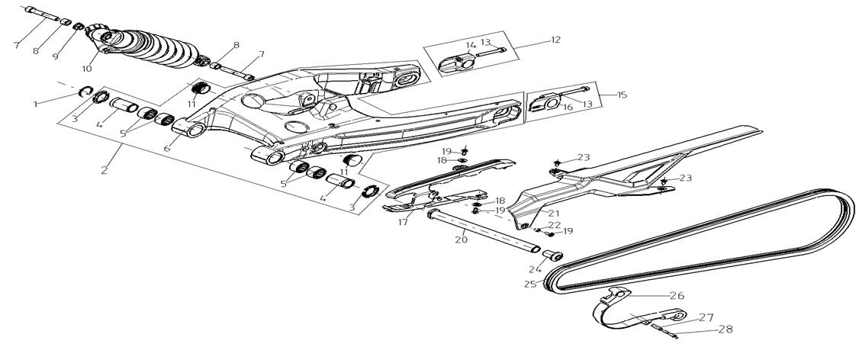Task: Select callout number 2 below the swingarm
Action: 105,169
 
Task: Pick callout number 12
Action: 555,39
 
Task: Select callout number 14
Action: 471,44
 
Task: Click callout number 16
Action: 567,108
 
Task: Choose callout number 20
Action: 461,239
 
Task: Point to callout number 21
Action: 552,214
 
